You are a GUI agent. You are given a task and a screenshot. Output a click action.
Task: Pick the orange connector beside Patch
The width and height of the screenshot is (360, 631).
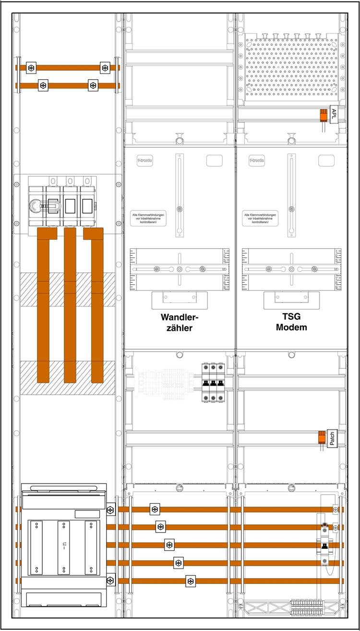tap(321, 437)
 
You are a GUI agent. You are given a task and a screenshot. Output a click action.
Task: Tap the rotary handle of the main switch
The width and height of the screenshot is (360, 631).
tap(37, 207)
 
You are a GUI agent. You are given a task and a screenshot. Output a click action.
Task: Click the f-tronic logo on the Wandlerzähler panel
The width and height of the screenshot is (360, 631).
tap(144, 161)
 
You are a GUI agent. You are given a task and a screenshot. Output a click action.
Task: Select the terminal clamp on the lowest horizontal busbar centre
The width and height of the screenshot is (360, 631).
tap(191, 581)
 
